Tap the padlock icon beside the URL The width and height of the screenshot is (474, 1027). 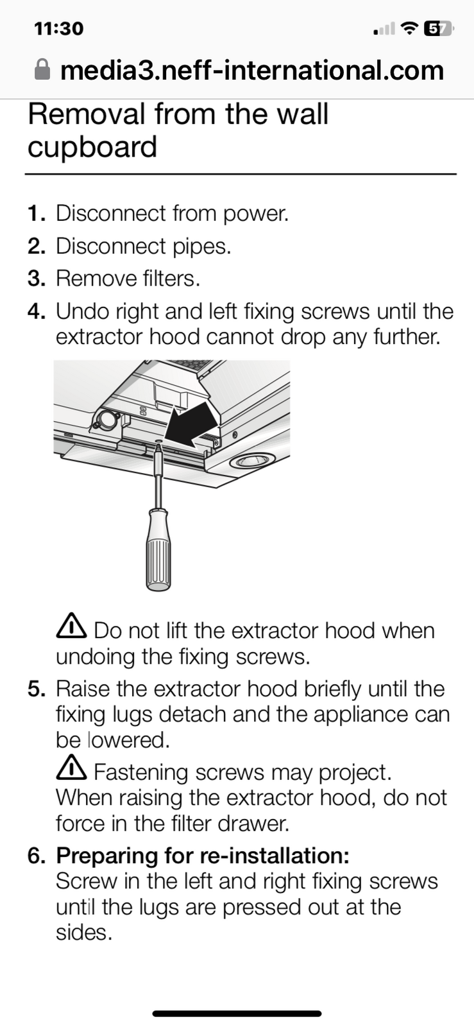pyautogui.click(x=42, y=70)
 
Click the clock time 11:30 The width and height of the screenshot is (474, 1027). pyautogui.click(x=58, y=29)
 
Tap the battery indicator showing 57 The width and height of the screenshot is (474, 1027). pyautogui.click(x=439, y=29)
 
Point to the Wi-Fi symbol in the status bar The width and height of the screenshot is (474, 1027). pyautogui.click(x=409, y=28)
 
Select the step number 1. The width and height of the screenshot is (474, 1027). pyautogui.click(x=36, y=213)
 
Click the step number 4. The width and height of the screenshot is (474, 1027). pyautogui.click(x=36, y=311)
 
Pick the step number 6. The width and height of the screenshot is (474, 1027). pyautogui.click(x=36, y=856)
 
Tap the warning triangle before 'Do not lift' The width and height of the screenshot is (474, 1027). pyautogui.click(x=71, y=626)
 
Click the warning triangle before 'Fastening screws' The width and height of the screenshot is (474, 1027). pyautogui.click(x=71, y=768)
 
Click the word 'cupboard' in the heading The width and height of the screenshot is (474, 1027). pyautogui.click(x=92, y=147)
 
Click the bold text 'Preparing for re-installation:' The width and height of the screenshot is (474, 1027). pyautogui.click(x=203, y=856)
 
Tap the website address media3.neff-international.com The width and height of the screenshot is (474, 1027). pyautogui.click(x=252, y=70)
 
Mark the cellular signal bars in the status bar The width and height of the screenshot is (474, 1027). pyautogui.click(x=384, y=30)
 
